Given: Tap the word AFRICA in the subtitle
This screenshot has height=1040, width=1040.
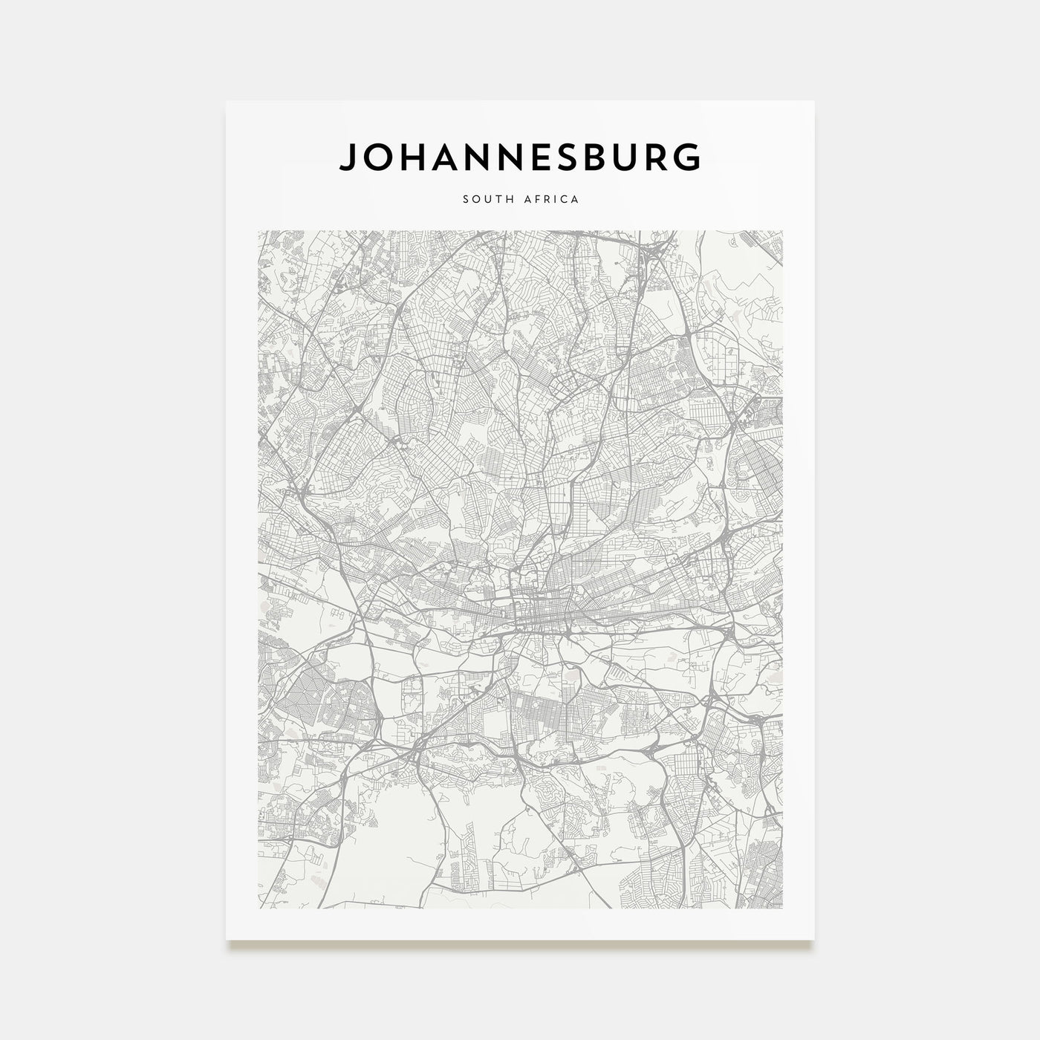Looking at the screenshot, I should (549, 199).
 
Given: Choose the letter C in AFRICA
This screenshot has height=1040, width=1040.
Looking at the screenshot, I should (564, 199).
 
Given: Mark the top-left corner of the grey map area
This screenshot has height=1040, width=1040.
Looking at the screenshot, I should (259, 231).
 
